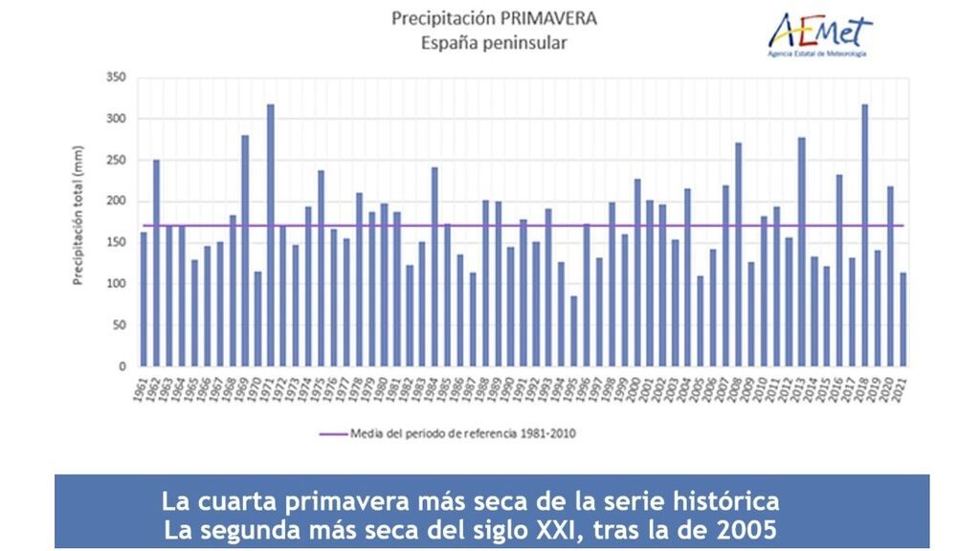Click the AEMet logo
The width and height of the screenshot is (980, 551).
tap(821, 34)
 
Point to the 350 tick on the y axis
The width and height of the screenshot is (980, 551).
tap(116, 77)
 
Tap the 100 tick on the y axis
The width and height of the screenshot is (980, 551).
tap(116, 283)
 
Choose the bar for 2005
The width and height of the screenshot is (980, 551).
tap(700, 320)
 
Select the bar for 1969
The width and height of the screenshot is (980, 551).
tap(245, 250)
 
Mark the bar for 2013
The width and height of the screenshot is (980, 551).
tap(801, 252)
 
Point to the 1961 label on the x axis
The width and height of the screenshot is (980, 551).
tap(142, 386)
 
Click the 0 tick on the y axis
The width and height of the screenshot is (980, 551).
tap(122, 365)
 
